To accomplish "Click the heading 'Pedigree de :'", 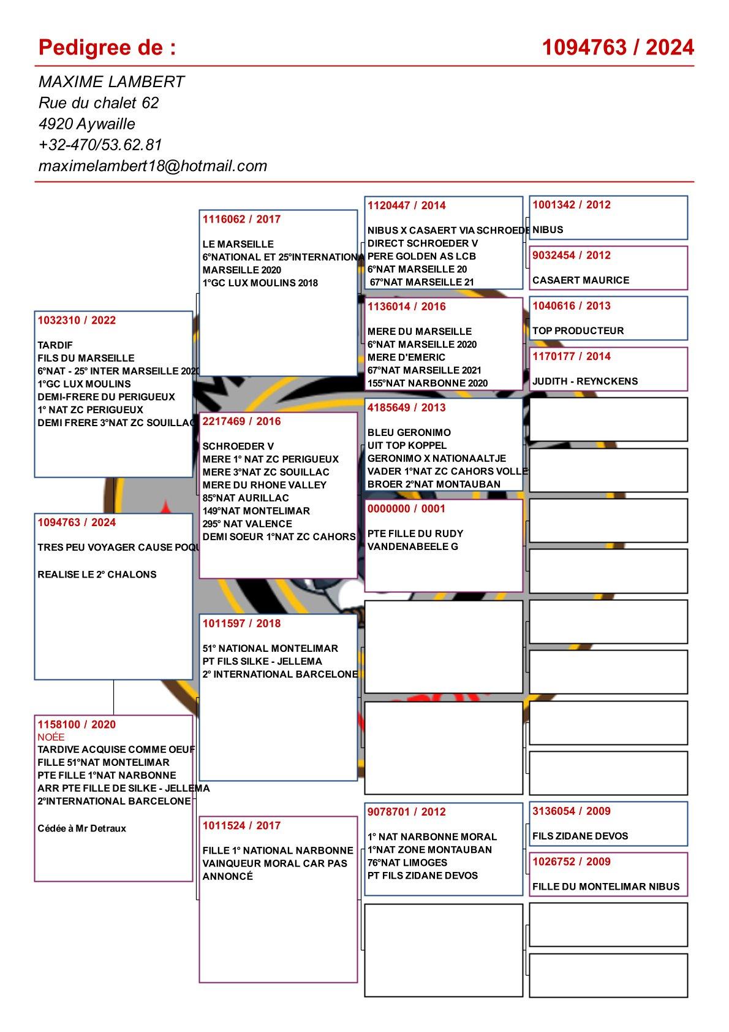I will tap(107, 47).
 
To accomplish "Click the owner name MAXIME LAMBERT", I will tap(111, 82).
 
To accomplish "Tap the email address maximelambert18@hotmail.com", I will tap(153, 166).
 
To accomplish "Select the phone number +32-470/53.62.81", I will tap(100, 145).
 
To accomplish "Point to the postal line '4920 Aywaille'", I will tap(87, 124).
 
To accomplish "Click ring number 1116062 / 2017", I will tap(241, 219).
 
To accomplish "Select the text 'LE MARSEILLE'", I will tap(238, 244).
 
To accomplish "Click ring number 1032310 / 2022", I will tap(77, 320).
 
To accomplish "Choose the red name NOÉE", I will tap(51, 737).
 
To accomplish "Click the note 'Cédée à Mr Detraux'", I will tap(82, 828).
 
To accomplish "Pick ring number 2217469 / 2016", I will tap(241, 421).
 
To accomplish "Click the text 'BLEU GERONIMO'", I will tap(409, 432).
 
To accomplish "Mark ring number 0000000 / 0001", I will tap(407, 508).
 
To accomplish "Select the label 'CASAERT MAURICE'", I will tap(581, 280).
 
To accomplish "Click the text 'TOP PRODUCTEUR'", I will tap(578, 331).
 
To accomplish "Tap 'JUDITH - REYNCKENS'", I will tap(585, 381).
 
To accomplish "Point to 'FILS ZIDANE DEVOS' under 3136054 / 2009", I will tap(580, 836).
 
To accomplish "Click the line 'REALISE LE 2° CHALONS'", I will tap(97, 575).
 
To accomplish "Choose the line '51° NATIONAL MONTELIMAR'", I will tap(270, 648).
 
